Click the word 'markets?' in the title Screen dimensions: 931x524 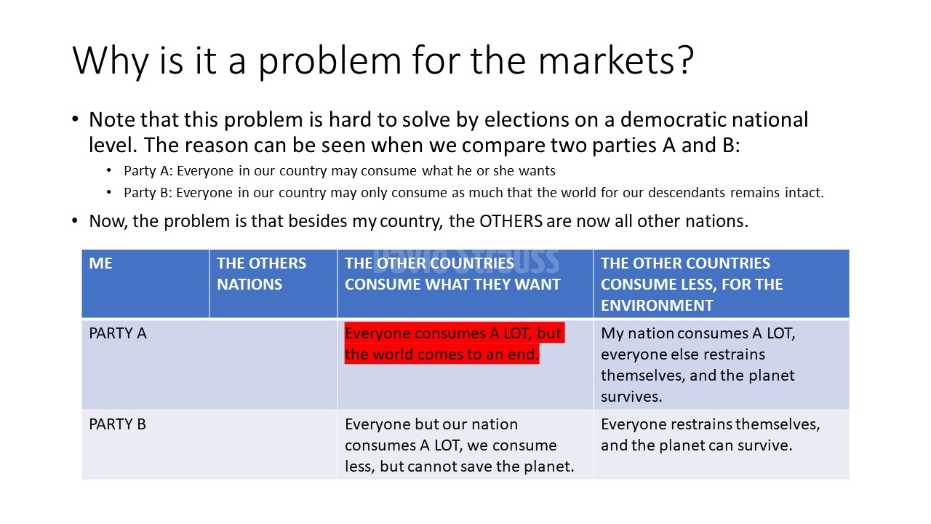616,60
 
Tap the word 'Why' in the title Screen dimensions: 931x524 111,62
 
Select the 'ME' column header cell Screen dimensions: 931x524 145,284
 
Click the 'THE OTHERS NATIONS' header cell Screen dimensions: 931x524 273,284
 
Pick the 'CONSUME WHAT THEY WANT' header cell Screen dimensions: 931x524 465,284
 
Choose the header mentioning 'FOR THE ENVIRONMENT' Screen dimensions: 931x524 722,284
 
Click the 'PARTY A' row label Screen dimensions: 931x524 118,333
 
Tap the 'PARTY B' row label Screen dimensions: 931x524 118,424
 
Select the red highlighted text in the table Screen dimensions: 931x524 455,343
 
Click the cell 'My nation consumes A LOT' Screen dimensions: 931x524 722,365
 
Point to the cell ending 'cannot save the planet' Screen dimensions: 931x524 465,445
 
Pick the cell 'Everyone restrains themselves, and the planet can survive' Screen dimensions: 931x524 722,445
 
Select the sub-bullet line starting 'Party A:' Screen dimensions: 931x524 340,171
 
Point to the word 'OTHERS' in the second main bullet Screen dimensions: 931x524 511,221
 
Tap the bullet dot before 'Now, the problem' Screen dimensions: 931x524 75,221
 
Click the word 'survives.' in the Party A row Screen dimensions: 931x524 631,397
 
